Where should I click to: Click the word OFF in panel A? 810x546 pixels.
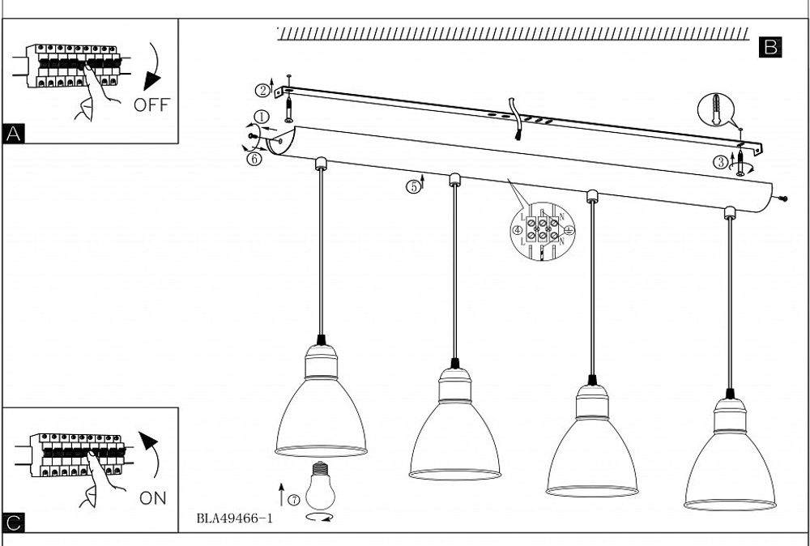click(152, 105)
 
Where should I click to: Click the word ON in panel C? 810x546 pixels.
click(153, 498)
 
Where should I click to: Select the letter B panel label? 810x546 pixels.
click(770, 48)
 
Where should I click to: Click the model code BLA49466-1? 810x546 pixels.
click(234, 518)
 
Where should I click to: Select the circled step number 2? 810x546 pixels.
click(263, 89)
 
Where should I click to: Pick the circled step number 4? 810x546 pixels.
click(517, 229)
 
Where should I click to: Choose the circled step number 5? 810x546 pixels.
click(413, 186)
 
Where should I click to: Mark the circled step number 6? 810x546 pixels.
click(254, 159)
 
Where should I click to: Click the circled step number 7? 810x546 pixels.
click(294, 500)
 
